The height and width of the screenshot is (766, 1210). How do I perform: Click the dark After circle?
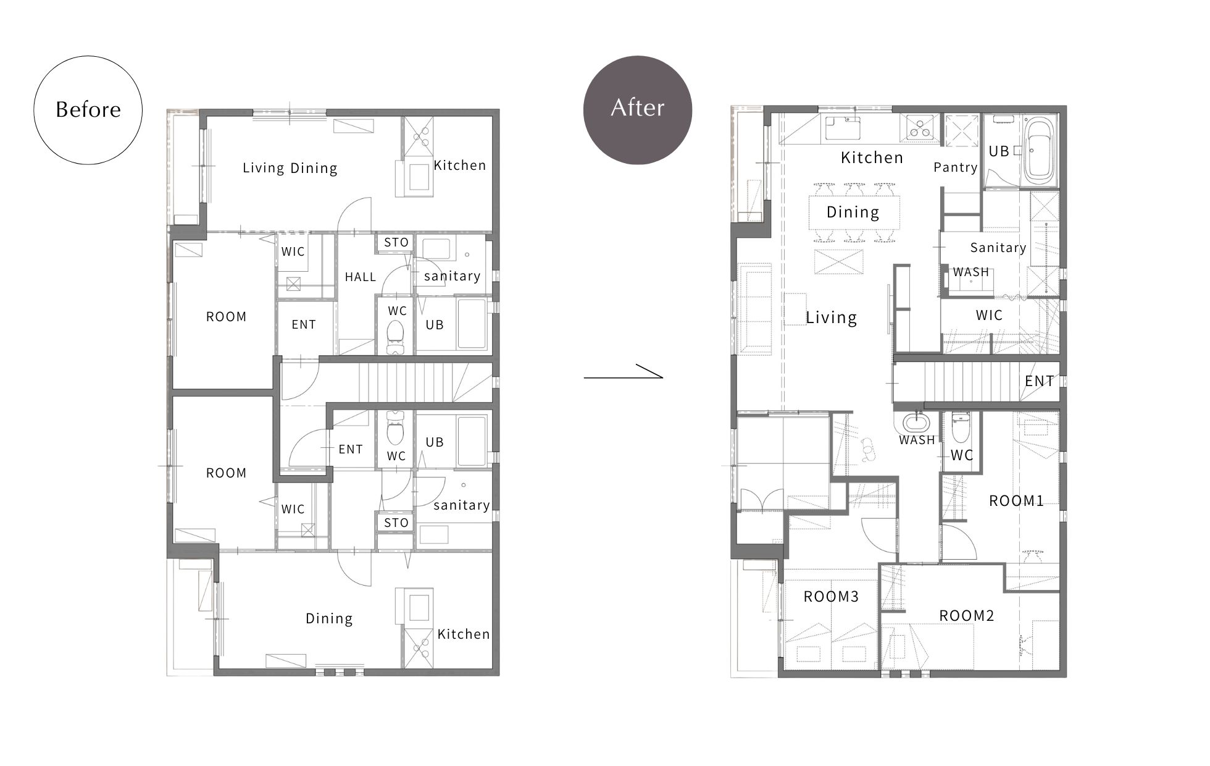click(x=638, y=110)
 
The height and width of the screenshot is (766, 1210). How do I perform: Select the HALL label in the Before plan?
click(x=361, y=277)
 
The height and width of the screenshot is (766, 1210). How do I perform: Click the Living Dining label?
click(x=290, y=168)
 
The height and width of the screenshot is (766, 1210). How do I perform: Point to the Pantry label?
click(x=956, y=167)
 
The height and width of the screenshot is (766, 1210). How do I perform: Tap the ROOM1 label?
click(x=1016, y=500)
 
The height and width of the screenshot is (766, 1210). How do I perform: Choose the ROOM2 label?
click(x=967, y=615)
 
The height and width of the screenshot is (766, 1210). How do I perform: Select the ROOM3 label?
click(x=831, y=596)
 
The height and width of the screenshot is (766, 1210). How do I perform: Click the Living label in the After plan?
click(x=832, y=318)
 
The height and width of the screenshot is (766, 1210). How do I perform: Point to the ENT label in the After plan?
click(x=1040, y=381)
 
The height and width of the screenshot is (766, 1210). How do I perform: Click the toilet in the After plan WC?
click(x=961, y=427)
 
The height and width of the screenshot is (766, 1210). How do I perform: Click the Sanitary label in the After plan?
click(x=998, y=248)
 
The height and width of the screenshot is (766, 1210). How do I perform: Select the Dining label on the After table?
click(x=853, y=213)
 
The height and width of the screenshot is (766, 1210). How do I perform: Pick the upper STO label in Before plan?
click(x=396, y=242)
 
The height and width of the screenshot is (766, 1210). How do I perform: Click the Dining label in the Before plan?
click(x=329, y=618)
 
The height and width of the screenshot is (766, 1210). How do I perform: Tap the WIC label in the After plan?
click(x=989, y=315)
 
